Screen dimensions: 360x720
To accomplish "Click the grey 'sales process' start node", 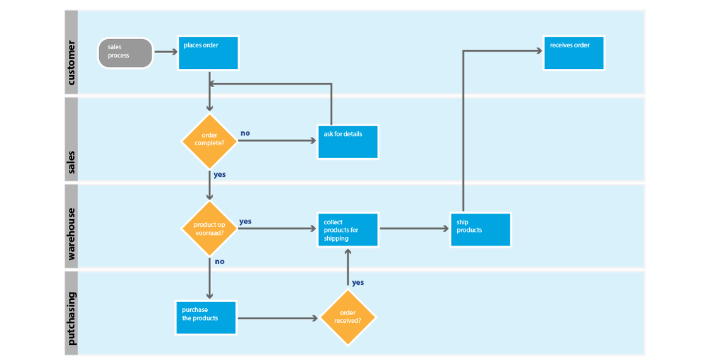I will click(x=125, y=53).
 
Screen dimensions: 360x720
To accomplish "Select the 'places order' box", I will click(x=208, y=53).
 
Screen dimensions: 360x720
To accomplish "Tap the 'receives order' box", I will click(x=573, y=53).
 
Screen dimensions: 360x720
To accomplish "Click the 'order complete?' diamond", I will click(x=209, y=140).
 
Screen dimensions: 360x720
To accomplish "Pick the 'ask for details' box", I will click(x=347, y=141).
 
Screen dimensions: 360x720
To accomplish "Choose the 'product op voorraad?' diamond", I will click(x=209, y=229).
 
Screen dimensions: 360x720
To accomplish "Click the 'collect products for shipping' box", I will click(x=347, y=230).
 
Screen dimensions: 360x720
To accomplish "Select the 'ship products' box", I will click(x=480, y=230).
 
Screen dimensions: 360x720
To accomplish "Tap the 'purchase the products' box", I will click(x=206, y=318).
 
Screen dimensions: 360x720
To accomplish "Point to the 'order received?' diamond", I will click(x=347, y=318).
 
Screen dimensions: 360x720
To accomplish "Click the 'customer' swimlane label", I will click(x=71, y=63).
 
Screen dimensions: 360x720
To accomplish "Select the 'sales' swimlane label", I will click(x=71, y=162).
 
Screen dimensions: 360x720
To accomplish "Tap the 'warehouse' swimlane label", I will click(x=71, y=234).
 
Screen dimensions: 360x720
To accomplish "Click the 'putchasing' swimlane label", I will click(x=71, y=318).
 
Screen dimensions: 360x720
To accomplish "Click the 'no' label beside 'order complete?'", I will click(x=245, y=133).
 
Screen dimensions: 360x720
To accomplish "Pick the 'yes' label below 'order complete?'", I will click(x=220, y=174).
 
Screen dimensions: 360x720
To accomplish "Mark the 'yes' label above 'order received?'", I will click(x=357, y=282).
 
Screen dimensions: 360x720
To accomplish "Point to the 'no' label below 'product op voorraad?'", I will click(x=220, y=261).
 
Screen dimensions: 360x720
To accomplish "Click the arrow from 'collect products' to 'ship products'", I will click(x=414, y=229).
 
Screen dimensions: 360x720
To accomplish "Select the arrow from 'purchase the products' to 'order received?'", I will click(x=278, y=318).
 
